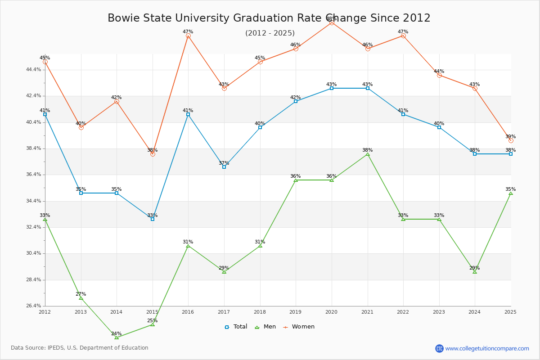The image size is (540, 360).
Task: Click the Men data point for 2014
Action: pos(117,337)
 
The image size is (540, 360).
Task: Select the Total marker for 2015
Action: pos(153,219)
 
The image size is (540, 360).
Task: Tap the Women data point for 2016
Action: pos(188,36)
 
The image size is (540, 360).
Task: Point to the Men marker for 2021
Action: pos(368,154)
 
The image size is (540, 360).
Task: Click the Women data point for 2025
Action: pos(511,140)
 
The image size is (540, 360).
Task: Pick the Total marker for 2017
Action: pos(224,167)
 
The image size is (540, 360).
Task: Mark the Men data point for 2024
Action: pos(475,272)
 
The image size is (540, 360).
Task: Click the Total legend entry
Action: pos(236,327)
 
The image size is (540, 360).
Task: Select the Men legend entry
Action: pos(265,327)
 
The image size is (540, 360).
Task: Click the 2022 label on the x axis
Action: pos(403,312)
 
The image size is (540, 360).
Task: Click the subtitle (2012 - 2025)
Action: pos(270,33)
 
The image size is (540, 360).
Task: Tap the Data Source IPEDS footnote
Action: pos(80,348)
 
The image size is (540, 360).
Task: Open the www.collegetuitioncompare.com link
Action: pos(487,348)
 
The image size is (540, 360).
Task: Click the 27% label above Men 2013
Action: pos(81,294)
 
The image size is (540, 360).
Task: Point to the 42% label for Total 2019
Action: pos(295,98)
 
